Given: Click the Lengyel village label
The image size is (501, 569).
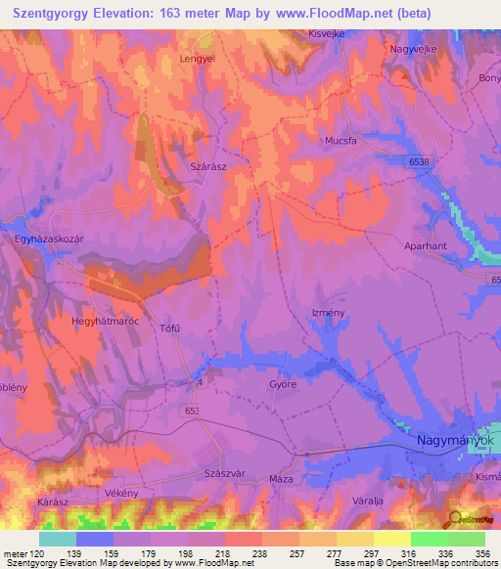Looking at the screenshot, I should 196,59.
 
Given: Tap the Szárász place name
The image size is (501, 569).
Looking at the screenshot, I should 207,167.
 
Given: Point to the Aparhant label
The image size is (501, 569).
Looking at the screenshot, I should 425,246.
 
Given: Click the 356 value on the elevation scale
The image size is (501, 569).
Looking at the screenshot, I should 482,553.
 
